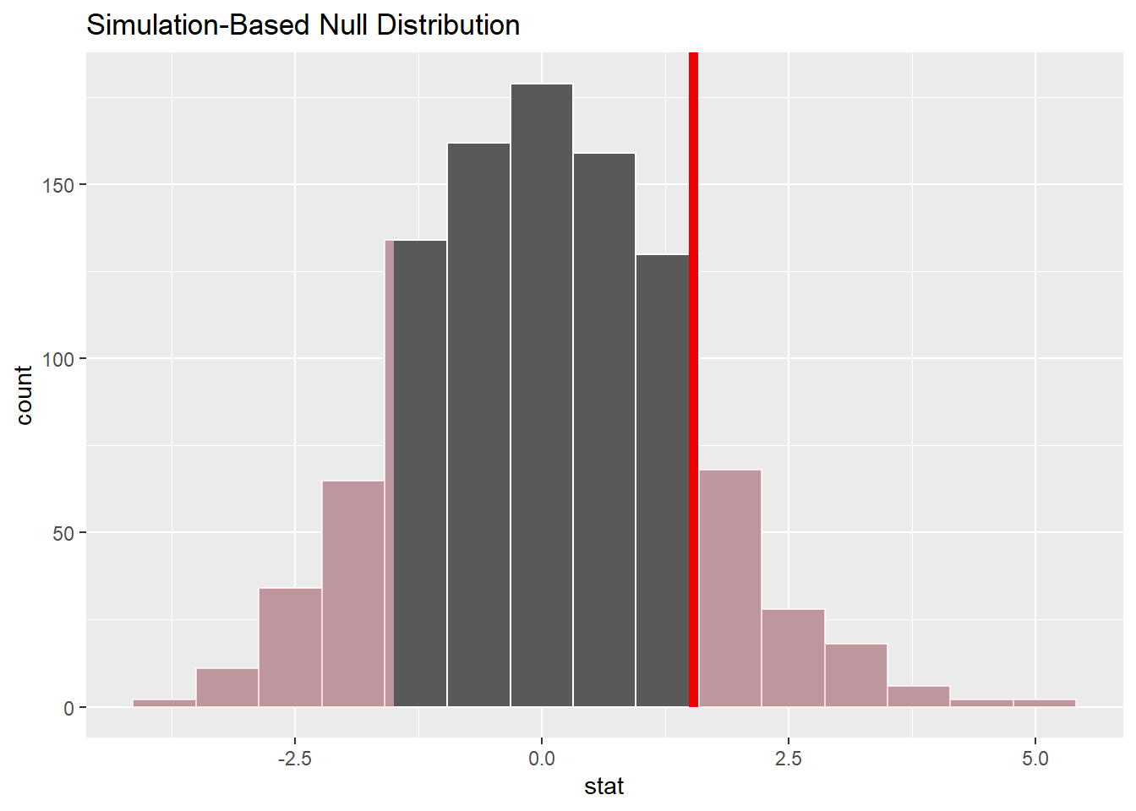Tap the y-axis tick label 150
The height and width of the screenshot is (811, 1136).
point(58,185)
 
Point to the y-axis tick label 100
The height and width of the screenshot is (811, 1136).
point(58,359)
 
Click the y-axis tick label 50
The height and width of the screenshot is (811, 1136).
point(63,533)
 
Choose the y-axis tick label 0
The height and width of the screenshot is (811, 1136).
point(68,708)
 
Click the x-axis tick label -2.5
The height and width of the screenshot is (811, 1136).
point(294,759)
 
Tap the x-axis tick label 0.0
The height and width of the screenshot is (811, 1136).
point(542,759)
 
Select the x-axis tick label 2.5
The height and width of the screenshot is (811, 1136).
point(789,759)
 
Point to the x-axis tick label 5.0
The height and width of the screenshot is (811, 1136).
point(1035,759)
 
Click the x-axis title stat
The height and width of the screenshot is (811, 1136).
point(603,787)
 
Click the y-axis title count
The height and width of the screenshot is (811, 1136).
point(24,395)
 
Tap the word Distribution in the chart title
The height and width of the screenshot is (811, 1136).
point(448,25)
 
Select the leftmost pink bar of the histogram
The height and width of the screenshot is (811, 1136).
point(164,703)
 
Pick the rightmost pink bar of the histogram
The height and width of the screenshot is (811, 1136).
point(1045,703)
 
